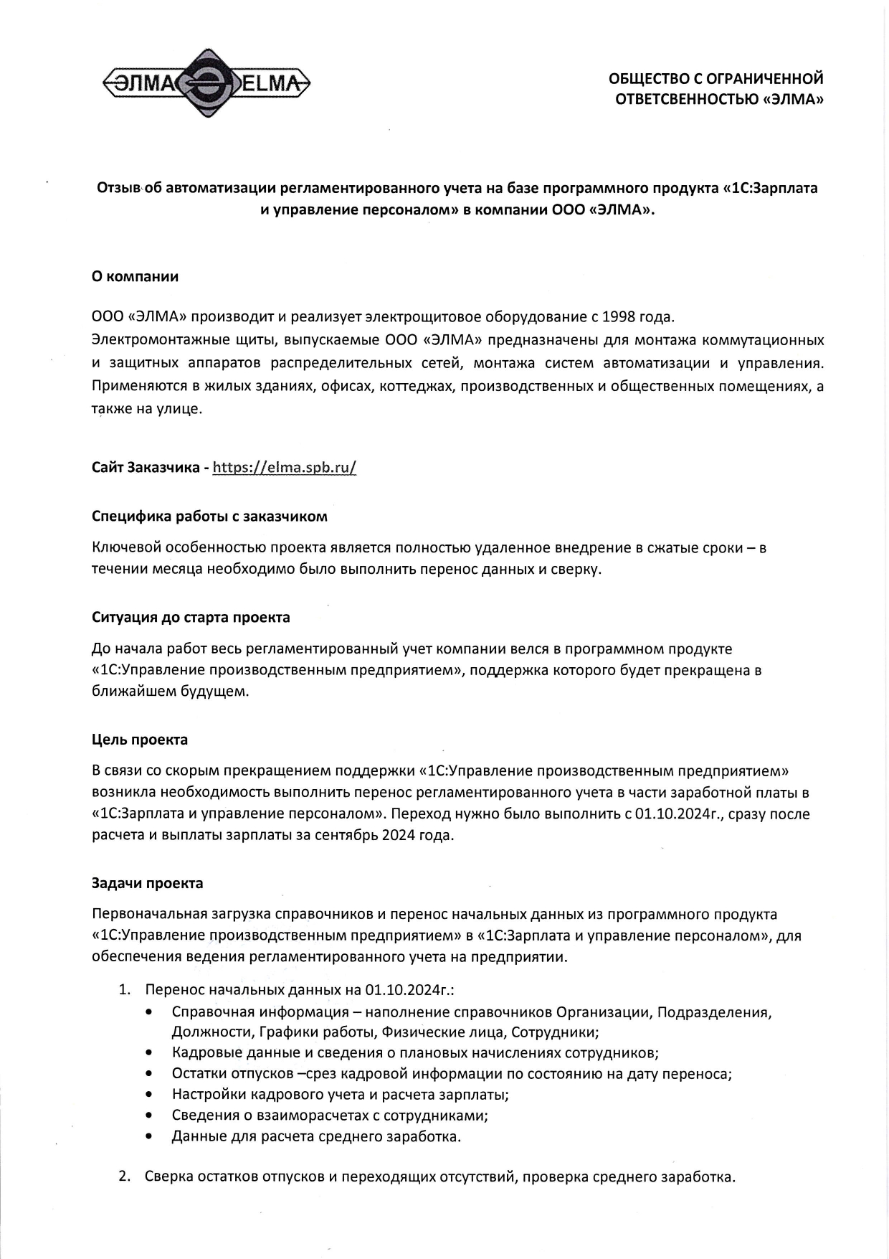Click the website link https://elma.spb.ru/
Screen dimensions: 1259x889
285,468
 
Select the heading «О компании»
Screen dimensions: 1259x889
135,276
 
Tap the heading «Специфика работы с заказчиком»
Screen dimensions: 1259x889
209,516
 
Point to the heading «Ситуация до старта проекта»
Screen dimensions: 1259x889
191,617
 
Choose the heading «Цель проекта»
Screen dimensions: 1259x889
140,739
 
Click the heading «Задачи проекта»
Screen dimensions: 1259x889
147,883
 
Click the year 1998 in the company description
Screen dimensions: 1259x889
618,316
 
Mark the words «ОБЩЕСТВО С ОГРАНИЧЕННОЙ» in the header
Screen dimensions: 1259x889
716,78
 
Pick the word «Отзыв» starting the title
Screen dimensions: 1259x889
119,188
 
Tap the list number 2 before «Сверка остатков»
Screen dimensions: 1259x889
124,1177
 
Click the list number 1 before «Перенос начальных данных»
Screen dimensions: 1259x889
124,990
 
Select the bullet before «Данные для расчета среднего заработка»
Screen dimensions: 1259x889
148,1136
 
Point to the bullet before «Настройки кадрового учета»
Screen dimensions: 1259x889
148,1095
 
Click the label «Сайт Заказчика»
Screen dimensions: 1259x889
146,468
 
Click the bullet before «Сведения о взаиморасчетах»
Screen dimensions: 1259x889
148,1116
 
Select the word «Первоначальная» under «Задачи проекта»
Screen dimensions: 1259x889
148,915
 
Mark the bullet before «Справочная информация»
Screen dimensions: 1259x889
148,1012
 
